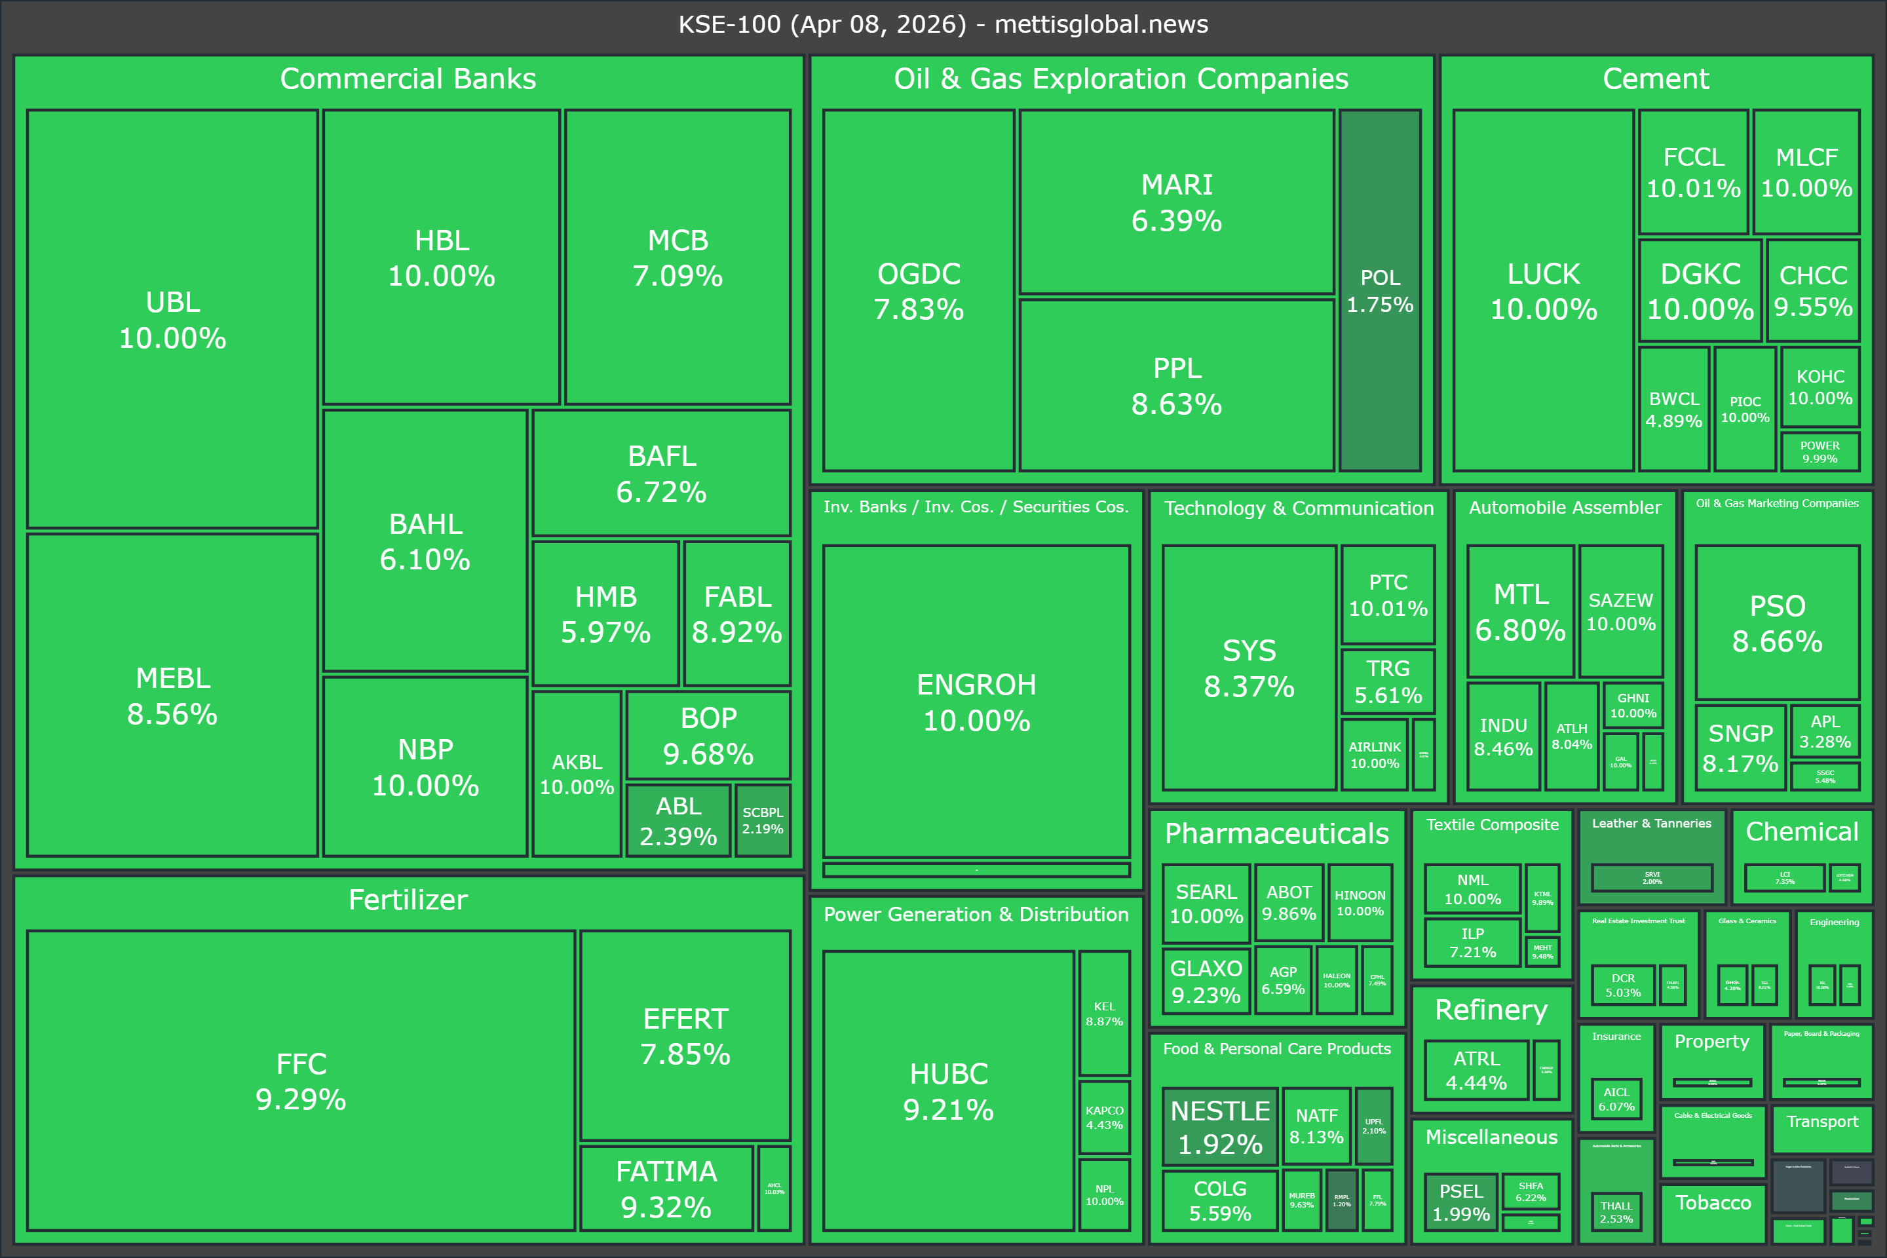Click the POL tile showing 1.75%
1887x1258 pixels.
[x=1380, y=290]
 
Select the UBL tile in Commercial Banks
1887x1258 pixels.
[x=172, y=319]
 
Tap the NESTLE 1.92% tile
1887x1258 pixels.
[x=1219, y=1126]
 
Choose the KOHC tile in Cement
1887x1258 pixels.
[x=1820, y=387]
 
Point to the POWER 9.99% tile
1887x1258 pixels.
[x=1820, y=451]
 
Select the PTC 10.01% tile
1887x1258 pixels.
[x=1388, y=594]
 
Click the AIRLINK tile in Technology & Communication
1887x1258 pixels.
[x=1375, y=755]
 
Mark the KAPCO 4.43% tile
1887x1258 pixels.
[x=1104, y=1116]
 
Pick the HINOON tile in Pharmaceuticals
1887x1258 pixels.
[x=1360, y=903]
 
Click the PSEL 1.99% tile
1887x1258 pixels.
[x=1461, y=1202]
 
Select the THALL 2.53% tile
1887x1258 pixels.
[x=1616, y=1211]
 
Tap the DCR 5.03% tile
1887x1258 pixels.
[x=1623, y=985]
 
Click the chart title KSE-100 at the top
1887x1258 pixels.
[x=943, y=24]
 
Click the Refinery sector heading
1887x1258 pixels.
[x=1491, y=1009]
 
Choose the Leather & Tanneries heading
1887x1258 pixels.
[x=1651, y=823]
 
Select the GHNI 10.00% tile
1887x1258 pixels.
[x=1633, y=705]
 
